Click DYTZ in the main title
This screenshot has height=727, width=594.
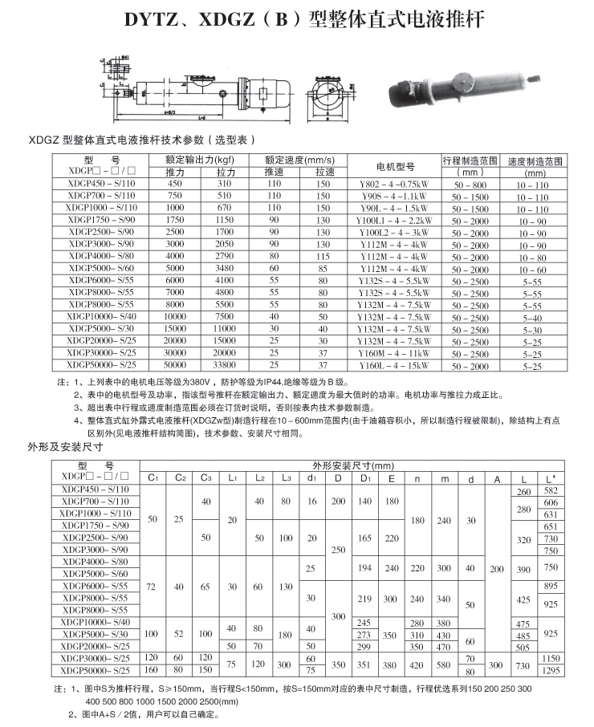pyautogui.click(x=153, y=18)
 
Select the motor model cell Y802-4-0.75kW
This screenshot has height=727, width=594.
pyautogui.click(x=394, y=185)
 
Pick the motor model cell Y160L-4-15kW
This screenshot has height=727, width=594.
pyautogui.click(x=394, y=366)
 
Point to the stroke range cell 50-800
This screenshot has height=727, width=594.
pyautogui.click(x=470, y=185)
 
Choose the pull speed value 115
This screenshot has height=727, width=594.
pyautogui.click(x=323, y=257)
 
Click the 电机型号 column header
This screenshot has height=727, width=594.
pyautogui.click(x=395, y=166)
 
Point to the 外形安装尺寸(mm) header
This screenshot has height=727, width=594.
pyautogui.click(x=353, y=465)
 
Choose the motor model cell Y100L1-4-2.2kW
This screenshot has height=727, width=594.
pyautogui.click(x=394, y=221)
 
